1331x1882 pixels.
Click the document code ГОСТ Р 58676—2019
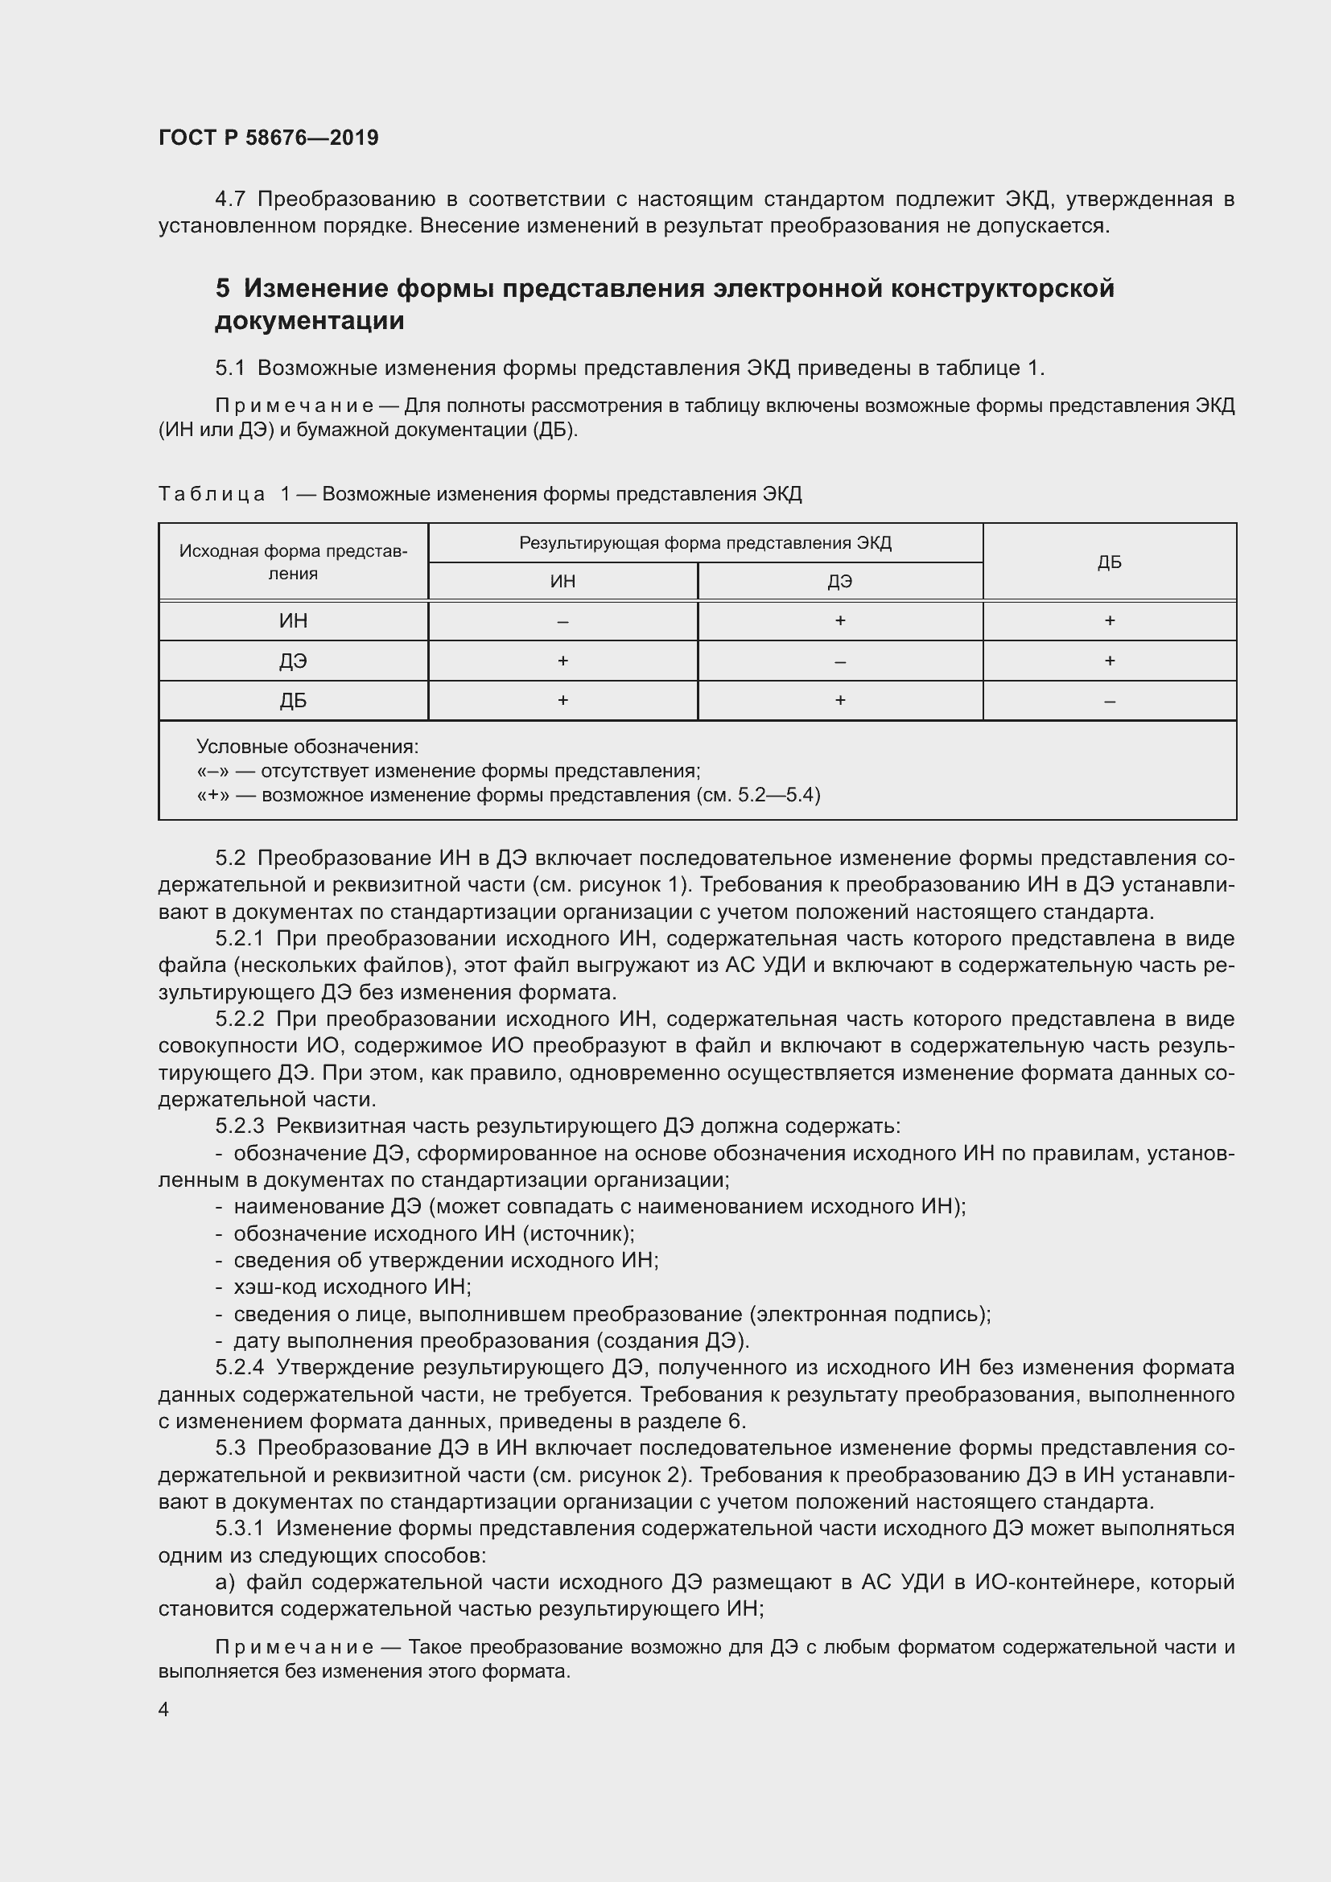[x=268, y=138]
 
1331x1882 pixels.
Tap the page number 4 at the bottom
[x=164, y=1709]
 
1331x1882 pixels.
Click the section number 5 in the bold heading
[x=223, y=289]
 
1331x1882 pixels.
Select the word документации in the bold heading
[x=309, y=320]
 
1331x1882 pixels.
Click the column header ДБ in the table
[x=1109, y=562]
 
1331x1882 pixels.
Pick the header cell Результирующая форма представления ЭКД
[x=705, y=543]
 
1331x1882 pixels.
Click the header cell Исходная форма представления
[x=293, y=562]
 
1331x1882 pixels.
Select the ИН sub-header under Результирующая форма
[x=562, y=581]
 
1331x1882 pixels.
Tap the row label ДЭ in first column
[x=293, y=661]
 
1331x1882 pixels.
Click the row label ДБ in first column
[x=293, y=701]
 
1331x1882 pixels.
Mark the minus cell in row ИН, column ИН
[x=562, y=621]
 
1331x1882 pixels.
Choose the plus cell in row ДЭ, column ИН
[x=562, y=661]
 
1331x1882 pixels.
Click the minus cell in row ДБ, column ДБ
[x=1109, y=702]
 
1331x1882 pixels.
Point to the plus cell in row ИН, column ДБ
[x=1109, y=621]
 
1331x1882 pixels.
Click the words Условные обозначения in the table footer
[x=307, y=747]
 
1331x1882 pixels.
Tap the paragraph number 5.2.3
[x=239, y=1126]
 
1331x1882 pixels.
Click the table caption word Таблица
[x=212, y=494]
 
